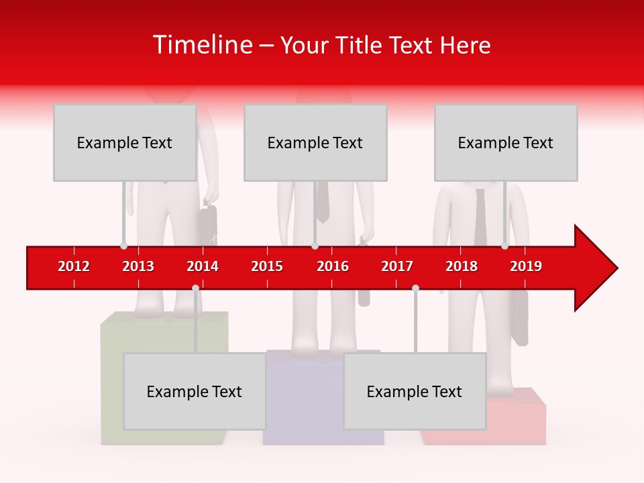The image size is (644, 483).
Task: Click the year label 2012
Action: coord(74,266)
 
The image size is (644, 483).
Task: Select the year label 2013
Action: coord(138,266)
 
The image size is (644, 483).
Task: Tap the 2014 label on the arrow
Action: coord(203,266)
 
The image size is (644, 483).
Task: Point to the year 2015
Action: coord(267,266)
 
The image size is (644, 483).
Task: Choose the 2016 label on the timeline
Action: coord(333,266)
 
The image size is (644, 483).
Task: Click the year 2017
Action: coord(397,266)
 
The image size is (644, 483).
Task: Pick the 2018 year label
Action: coord(462,266)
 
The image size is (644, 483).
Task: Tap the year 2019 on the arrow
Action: coord(526,266)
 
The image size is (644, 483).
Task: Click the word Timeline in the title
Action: coord(201,45)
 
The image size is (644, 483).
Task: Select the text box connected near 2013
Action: coord(125,142)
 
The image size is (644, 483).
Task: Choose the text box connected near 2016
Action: coord(315,142)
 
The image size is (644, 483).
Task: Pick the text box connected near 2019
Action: coord(506,142)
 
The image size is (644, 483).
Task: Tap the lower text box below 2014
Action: coord(195,391)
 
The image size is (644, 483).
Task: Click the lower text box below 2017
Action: coord(415,391)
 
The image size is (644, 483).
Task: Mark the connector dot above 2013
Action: coord(123,246)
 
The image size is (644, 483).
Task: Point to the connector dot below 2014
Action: coord(195,288)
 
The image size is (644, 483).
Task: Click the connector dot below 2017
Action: coord(415,288)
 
